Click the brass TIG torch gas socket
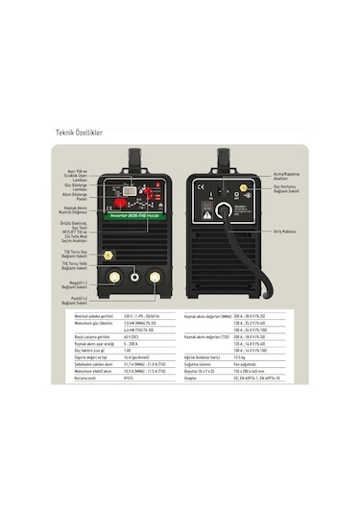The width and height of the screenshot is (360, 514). coord(108,256)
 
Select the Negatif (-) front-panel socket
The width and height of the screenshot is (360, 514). coord(116,277)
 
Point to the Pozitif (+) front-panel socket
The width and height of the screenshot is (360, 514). coord(153,277)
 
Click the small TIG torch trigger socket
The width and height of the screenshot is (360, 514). coord(134,277)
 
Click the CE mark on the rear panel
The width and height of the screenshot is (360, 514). coord(201,189)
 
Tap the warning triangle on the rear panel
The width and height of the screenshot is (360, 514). coord(204,217)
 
